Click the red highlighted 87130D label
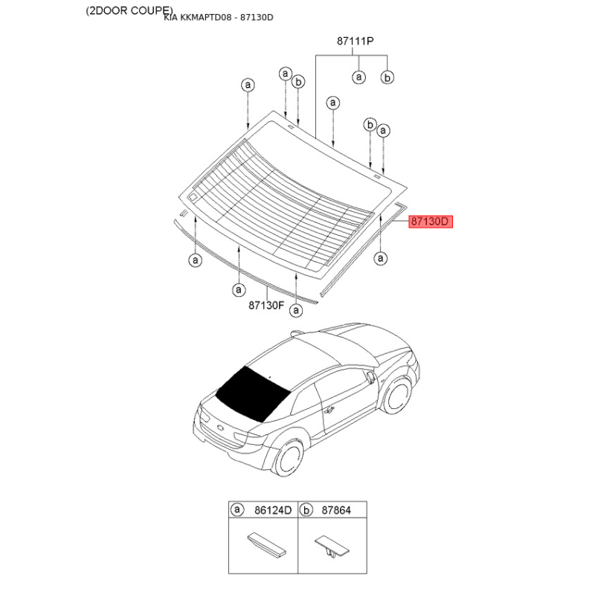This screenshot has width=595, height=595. [x=431, y=221]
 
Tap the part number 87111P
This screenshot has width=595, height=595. [x=356, y=41]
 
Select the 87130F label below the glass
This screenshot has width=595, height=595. [x=266, y=305]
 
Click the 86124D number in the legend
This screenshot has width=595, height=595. [x=273, y=510]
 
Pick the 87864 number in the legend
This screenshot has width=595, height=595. [x=336, y=510]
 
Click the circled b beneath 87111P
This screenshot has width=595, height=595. [x=387, y=77]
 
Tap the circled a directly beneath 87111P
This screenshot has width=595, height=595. [x=358, y=77]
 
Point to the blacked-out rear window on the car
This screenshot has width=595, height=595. [x=252, y=393]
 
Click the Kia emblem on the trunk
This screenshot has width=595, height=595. [x=220, y=428]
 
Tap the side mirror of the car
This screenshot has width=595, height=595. [x=371, y=376]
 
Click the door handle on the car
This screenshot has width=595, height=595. [x=329, y=410]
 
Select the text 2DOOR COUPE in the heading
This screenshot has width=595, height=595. [x=129, y=10]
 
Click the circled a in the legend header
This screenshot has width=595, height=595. [x=237, y=509]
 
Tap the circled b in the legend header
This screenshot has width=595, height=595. [x=306, y=510]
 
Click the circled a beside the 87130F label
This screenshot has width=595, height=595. [x=296, y=310]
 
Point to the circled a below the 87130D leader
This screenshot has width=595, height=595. [x=380, y=258]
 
